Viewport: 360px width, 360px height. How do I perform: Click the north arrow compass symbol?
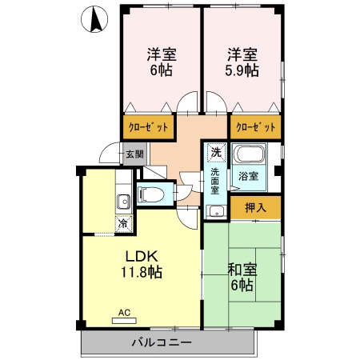tap(94, 19)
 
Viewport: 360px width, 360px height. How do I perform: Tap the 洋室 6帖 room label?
tap(162, 62)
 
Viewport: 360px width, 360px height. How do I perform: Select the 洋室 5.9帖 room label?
tap(242, 62)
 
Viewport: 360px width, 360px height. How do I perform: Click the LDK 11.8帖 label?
tap(142, 264)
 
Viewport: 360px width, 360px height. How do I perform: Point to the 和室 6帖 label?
tap(242, 278)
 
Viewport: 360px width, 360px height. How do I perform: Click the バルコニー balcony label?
tap(162, 342)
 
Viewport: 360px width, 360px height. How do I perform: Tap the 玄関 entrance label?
tap(134, 154)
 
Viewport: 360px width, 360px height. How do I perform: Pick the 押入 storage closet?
tap(256, 207)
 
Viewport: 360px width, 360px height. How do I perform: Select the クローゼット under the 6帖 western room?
tap(148, 127)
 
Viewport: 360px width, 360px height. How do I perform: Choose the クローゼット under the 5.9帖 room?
tap(256, 127)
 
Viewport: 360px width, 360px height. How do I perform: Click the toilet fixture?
tap(150, 194)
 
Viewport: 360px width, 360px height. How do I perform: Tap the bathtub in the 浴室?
tap(249, 154)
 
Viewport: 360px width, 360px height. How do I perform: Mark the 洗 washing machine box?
tap(216, 152)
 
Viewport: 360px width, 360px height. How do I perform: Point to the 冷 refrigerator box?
tap(124, 223)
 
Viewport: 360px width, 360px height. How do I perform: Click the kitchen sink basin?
tap(123, 202)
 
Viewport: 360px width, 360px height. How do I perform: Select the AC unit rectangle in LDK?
tap(124, 321)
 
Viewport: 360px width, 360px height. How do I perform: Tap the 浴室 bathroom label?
tap(248, 176)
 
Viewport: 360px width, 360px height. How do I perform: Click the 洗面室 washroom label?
tap(215, 182)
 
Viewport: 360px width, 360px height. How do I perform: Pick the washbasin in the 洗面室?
tap(217, 212)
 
